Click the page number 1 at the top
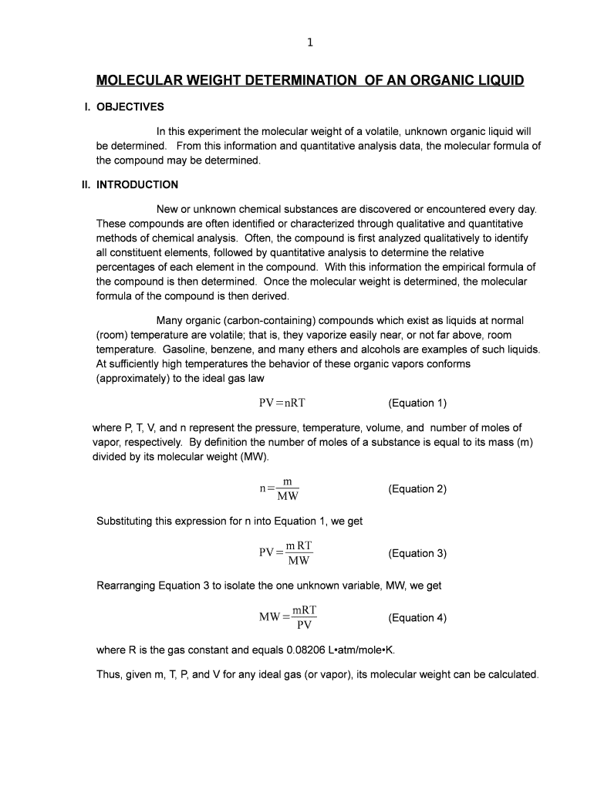tap(309, 43)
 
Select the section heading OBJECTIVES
tap(130, 106)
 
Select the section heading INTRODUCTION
tap(137, 184)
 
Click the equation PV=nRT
tap(283, 403)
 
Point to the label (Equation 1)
tap(417, 403)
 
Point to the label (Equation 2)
tap(417, 489)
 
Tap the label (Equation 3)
tap(417, 553)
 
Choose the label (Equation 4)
tap(417, 617)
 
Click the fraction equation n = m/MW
tap(280, 489)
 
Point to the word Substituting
tap(124, 521)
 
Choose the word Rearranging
tap(126, 586)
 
